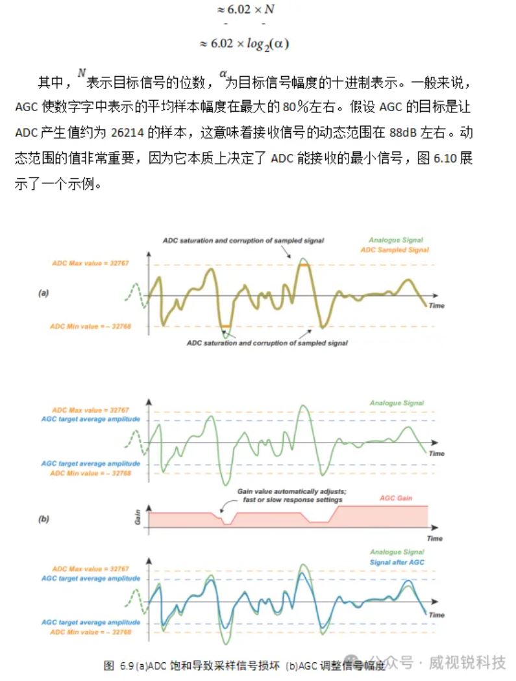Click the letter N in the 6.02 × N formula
click(x=270, y=10)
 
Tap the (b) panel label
click(x=44, y=519)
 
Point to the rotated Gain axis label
click(x=138, y=517)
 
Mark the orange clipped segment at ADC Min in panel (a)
click(x=225, y=326)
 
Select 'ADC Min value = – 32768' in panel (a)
click(x=91, y=326)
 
